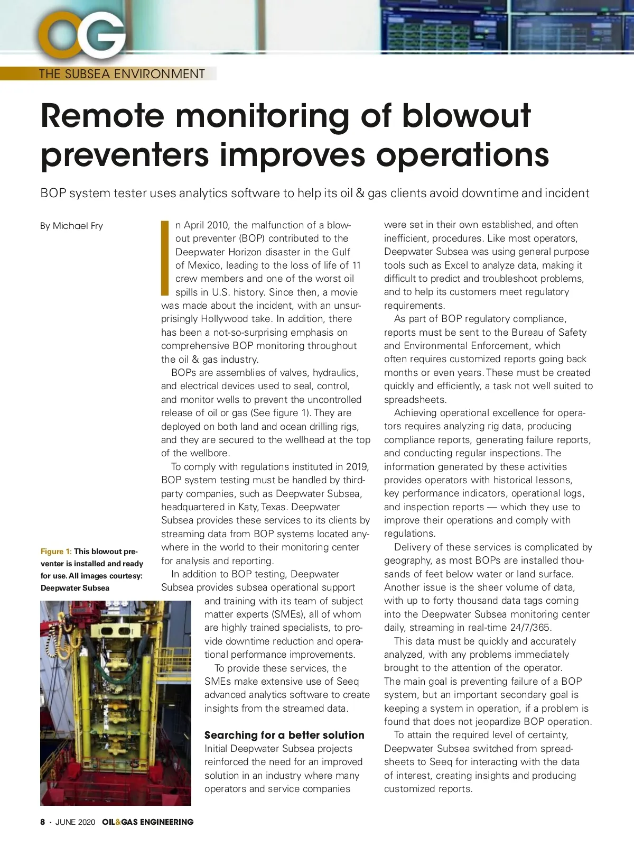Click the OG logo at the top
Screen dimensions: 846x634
click(x=82, y=36)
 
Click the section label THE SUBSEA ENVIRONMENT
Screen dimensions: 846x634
click(x=122, y=74)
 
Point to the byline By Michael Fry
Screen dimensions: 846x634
click(x=71, y=226)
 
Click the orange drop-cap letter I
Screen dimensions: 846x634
click(x=164, y=258)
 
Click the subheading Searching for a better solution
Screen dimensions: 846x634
click(x=284, y=735)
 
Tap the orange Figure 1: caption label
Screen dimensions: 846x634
click(x=56, y=551)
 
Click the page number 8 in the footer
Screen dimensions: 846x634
click(x=43, y=822)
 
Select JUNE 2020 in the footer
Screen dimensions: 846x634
click(x=75, y=822)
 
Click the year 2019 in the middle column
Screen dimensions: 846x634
click(x=357, y=466)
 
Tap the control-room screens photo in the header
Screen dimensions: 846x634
click(x=507, y=26)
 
